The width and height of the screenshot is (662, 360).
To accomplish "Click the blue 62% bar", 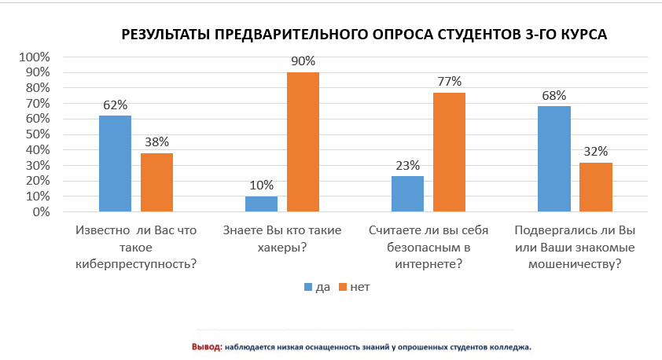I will pyautogui.click(x=115, y=163).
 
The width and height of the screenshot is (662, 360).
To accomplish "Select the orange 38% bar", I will pyautogui.click(x=156, y=182).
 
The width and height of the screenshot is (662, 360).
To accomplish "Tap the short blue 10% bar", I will pyautogui.click(x=261, y=204).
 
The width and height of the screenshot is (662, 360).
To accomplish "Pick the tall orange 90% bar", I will pyautogui.click(x=303, y=141).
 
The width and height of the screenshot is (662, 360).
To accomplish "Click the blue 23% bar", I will pyautogui.click(x=407, y=193).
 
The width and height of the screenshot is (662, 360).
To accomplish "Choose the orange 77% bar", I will pyautogui.click(x=449, y=152).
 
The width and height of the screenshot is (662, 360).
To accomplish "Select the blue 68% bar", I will pyautogui.click(x=554, y=159).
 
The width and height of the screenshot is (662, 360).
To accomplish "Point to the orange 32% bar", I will pyautogui.click(x=595, y=187).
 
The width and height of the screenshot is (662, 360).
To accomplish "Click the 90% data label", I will pyautogui.click(x=303, y=61).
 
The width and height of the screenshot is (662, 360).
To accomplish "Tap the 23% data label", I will pyautogui.click(x=407, y=165).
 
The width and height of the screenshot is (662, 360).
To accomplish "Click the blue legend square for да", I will pyautogui.click(x=308, y=287).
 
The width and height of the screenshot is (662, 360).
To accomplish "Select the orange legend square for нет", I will pyautogui.click(x=343, y=287).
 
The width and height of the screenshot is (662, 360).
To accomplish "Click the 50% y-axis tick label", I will pyautogui.click(x=36, y=134).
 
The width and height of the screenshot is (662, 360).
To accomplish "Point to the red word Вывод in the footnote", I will pyautogui.click(x=207, y=347).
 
